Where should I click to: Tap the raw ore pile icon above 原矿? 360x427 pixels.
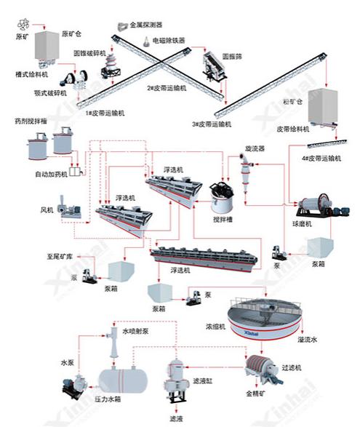[23, 23]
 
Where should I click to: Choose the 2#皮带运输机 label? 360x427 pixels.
[167, 88]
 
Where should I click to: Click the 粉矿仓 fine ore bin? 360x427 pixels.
[324, 105]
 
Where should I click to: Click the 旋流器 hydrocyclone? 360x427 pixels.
[245, 167]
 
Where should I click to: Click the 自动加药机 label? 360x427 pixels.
[51, 175]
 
